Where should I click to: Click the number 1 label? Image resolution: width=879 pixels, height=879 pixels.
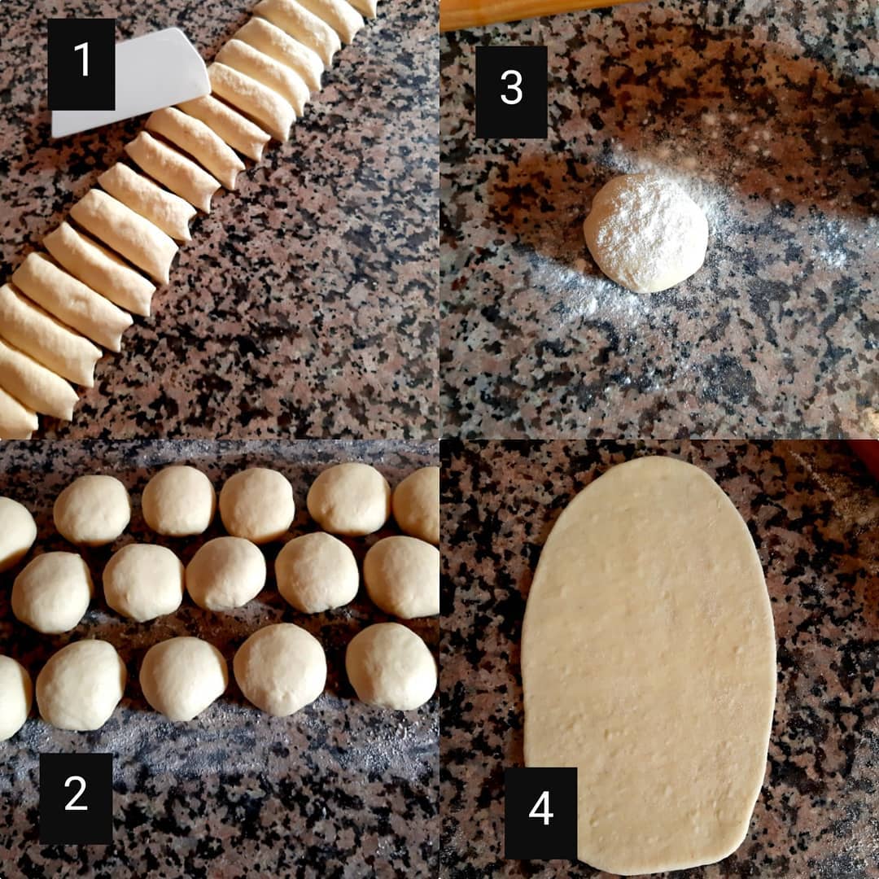pos(81,64)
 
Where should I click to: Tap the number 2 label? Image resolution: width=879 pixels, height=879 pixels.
pos(76,798)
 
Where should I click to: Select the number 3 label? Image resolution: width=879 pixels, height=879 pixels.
pos(511,92)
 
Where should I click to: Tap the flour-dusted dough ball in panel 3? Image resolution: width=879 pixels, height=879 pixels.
pos(645,233)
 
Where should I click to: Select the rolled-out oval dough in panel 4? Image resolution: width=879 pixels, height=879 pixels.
pos(649,662)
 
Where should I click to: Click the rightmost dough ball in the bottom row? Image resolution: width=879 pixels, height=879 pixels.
pos(391,666)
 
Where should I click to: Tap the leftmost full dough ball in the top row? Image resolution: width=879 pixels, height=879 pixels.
pos(92,510)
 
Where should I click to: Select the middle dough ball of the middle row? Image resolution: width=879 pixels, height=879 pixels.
pos(225,574)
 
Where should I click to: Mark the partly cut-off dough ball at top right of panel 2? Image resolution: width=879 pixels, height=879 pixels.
pos(416,505)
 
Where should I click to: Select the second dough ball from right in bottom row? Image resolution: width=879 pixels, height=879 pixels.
pos(280,669)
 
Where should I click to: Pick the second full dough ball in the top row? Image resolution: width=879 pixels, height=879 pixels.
pos(178,501)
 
